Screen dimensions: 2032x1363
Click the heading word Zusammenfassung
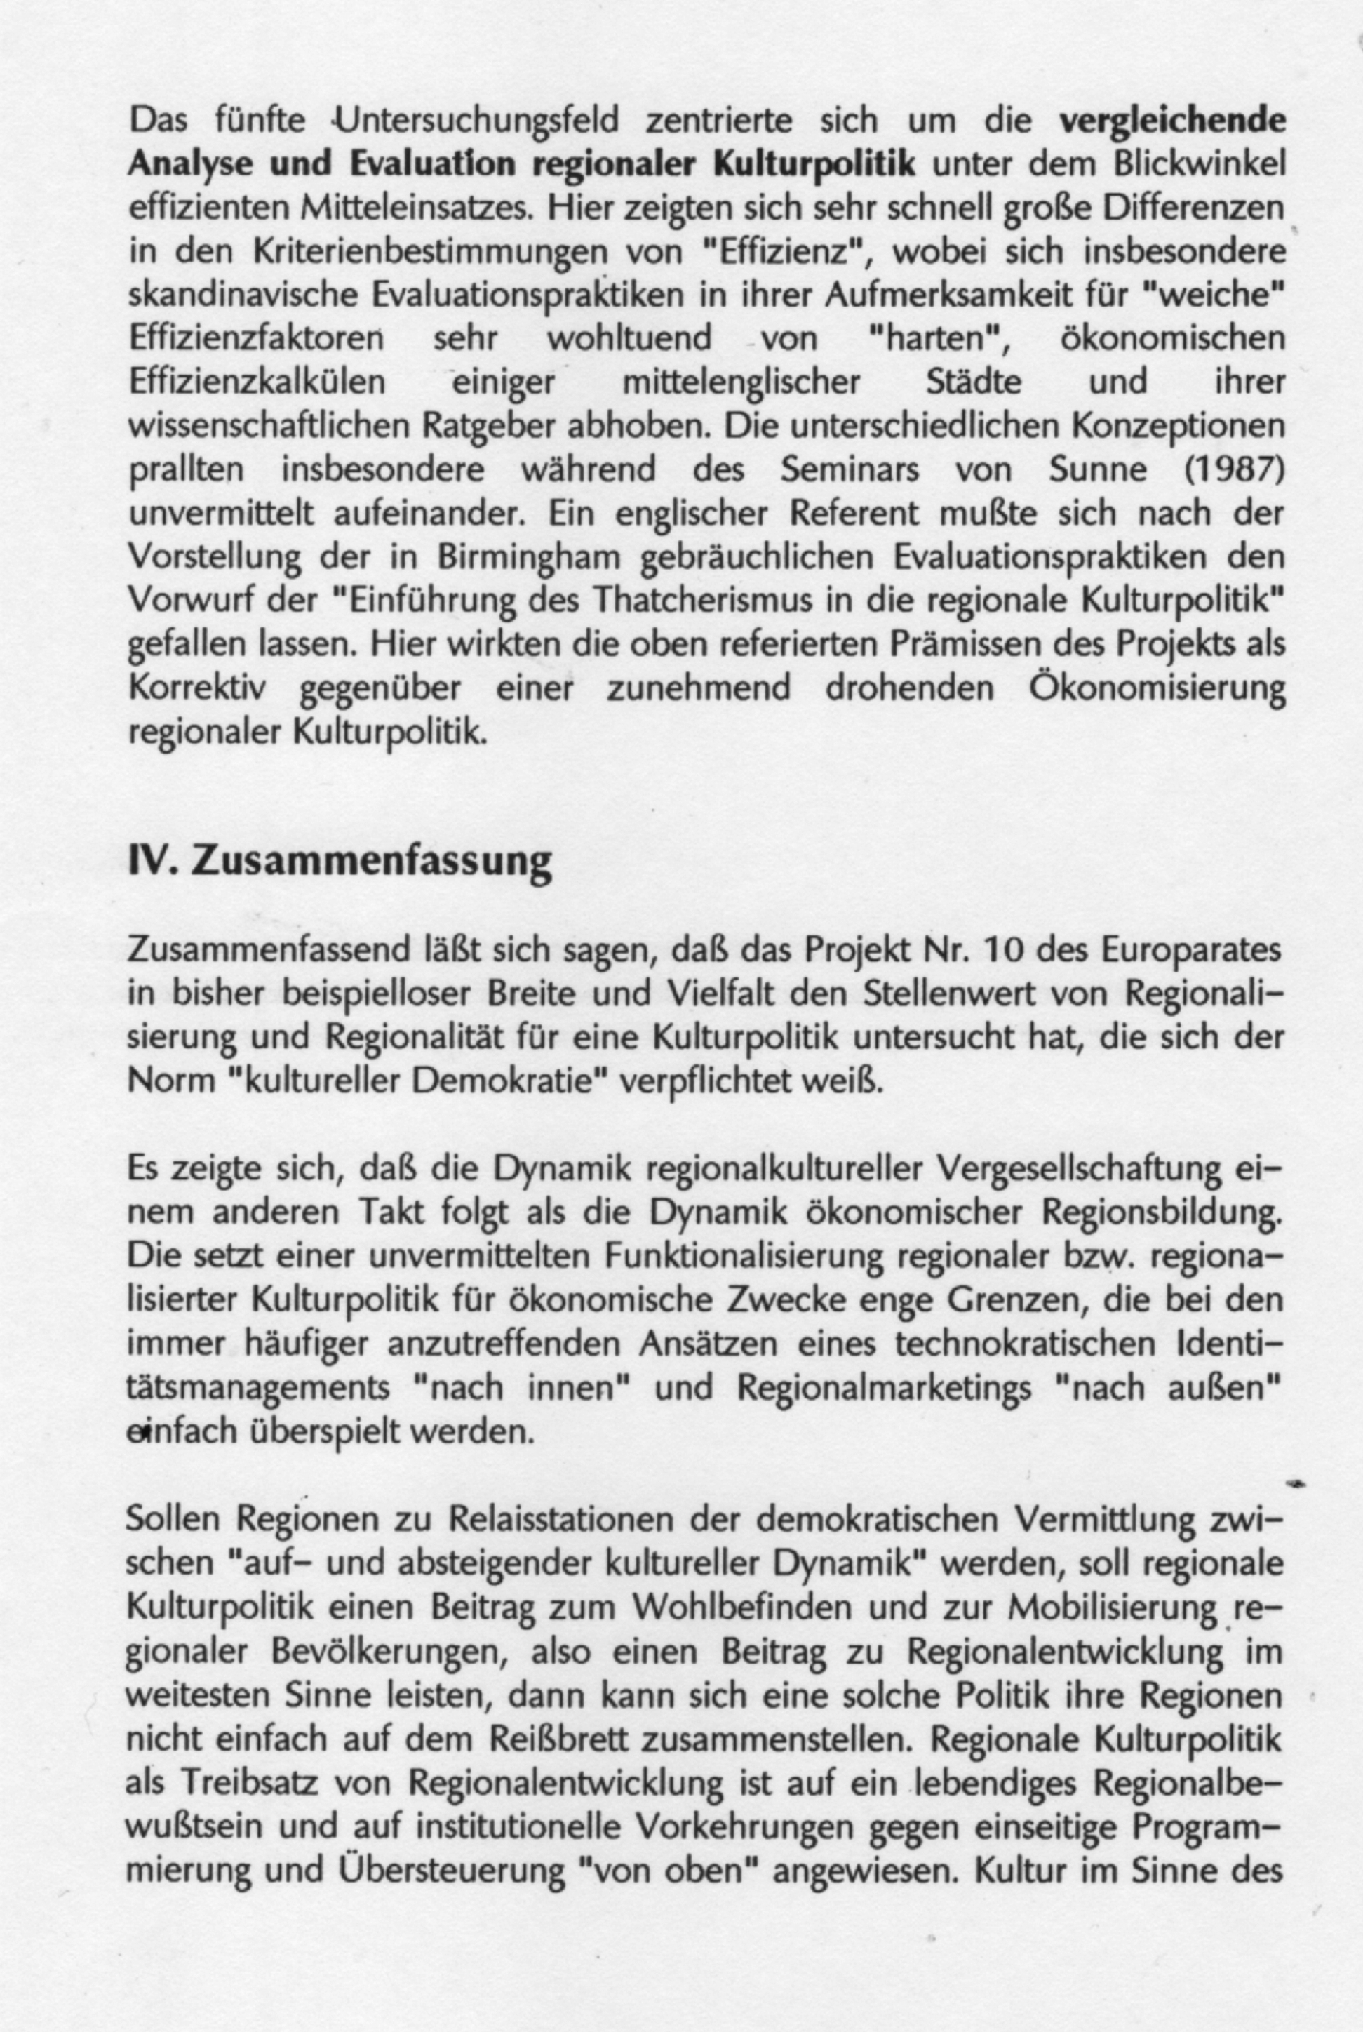click(x=371, y=861)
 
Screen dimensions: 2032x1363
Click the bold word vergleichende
click(x=1171, y=121)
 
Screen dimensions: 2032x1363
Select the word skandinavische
click(x=243, y=295)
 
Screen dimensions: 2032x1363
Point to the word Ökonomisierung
click(x=1156, y=688)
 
